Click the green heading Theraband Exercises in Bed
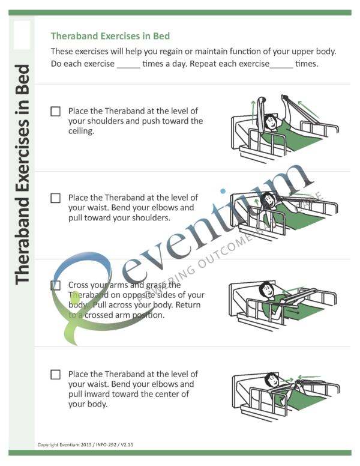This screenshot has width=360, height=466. point(110,35)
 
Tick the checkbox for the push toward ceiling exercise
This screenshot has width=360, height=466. point(56,112)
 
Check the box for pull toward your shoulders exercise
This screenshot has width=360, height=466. point(56,198)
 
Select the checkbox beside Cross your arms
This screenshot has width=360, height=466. point(56,285)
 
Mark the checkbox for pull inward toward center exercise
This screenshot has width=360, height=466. point(56,374)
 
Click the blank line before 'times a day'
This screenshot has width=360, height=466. point(128,64)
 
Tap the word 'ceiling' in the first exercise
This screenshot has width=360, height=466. point(81,131)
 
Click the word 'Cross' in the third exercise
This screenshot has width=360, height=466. point(80,285)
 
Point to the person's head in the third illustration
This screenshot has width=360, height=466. point(266,291)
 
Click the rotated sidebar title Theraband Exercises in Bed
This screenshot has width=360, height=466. point(22,174)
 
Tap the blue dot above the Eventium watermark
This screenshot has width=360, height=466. point(223,192)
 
